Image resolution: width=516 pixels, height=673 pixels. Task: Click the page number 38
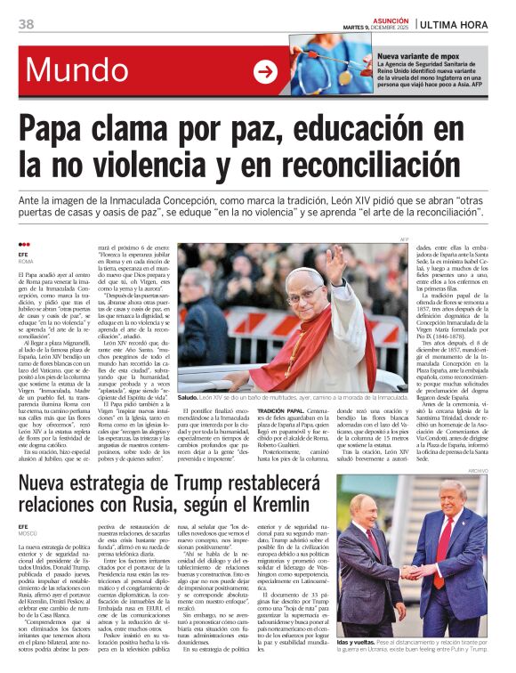(26, 24)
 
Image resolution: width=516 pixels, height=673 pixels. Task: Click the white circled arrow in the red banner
(265, 71)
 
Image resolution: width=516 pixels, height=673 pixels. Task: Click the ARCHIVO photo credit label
(503, 470)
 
